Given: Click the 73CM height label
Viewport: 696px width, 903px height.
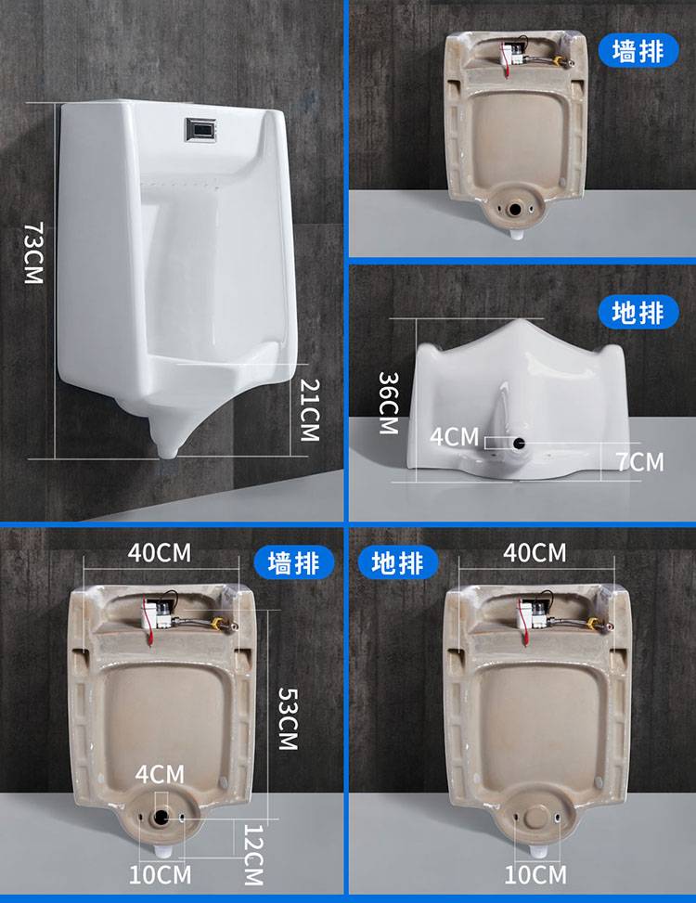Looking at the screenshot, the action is (33, 252).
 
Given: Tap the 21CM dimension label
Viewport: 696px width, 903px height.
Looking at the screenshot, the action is (310, 409).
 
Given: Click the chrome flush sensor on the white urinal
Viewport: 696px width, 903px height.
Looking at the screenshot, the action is (200, 130).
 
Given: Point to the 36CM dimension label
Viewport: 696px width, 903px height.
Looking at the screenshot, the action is (388, 403).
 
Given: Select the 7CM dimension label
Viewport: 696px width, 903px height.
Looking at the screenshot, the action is (640, 462).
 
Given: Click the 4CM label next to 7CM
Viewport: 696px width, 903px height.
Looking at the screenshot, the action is (454, 436).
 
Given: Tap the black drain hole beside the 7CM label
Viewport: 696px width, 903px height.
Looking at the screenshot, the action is (520, 444).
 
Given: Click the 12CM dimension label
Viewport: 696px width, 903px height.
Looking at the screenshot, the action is (253, 855).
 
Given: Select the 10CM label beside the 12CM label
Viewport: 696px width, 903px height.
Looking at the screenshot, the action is (160, 875).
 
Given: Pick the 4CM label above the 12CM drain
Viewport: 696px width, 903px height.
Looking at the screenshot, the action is (160, 775).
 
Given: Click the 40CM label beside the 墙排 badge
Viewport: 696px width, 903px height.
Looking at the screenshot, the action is (160, 552).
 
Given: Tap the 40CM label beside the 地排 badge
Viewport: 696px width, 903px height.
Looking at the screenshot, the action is (535, 552).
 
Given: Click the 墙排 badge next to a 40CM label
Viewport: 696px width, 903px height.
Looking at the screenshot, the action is (293, 562).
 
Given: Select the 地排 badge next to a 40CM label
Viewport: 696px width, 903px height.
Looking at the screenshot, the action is (398, 562).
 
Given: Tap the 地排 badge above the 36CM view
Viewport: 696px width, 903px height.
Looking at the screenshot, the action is (638, 313).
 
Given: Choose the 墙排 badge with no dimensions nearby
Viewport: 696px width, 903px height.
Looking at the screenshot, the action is (638, 51).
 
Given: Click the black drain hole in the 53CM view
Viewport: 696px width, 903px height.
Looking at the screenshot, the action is (161, 816).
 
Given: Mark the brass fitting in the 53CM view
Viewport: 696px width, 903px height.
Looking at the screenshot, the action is (219, 623).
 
